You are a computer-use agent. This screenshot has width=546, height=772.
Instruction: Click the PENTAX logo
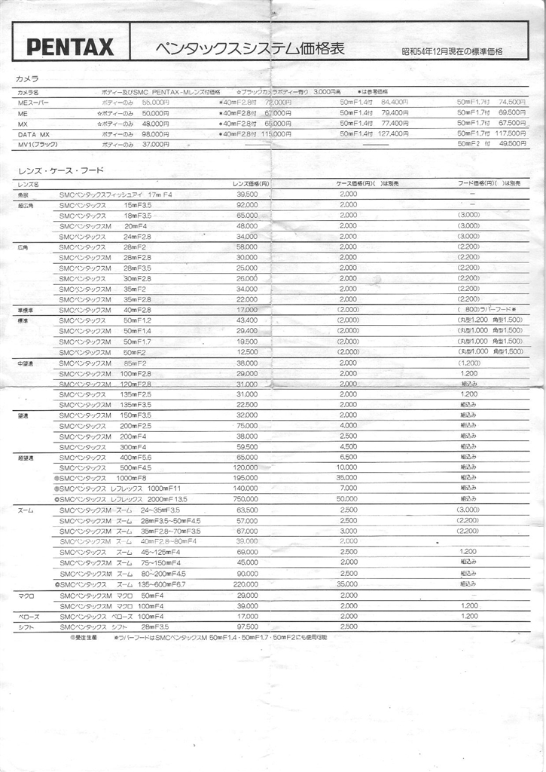point(70,47)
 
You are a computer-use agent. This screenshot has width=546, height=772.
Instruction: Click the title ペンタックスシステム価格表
point(250,49)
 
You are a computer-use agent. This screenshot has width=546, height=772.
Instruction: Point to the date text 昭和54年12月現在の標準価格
point(452,52)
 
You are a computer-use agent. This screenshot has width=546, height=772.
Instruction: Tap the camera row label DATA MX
point(34,133)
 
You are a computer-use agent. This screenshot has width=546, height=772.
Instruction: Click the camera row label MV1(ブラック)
point(38,144)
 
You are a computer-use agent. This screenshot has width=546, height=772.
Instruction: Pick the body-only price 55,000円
point(156,102)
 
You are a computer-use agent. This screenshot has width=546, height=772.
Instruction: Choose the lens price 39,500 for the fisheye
point(247,194)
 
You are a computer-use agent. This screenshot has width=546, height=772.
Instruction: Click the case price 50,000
point(347,499)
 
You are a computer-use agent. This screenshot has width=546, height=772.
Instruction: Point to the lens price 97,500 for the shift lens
point(247,626)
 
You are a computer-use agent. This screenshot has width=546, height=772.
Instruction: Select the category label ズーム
point(26,510)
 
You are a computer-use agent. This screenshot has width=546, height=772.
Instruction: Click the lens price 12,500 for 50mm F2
point(247,352)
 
